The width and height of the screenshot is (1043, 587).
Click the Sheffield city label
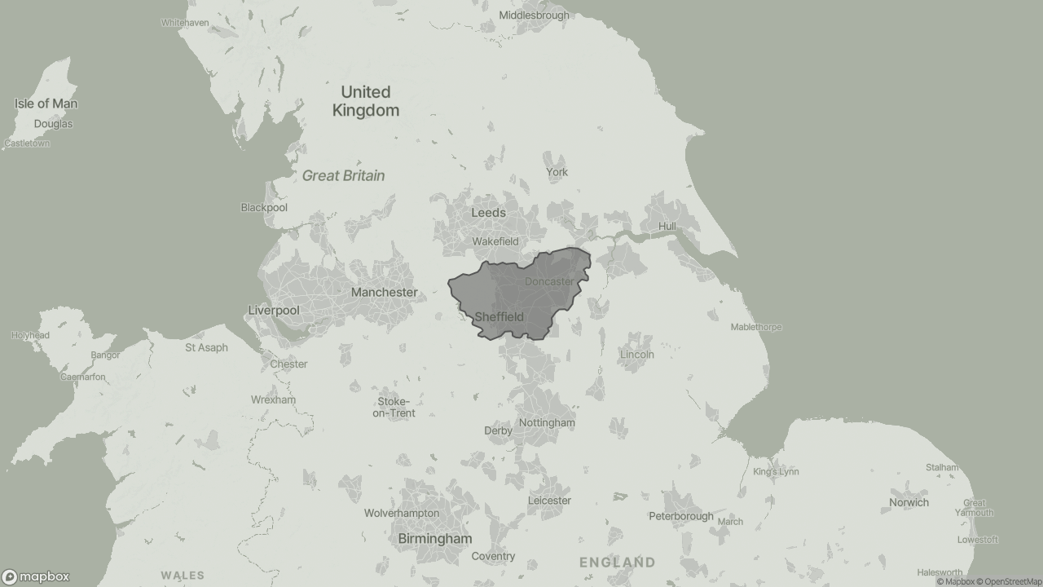499,316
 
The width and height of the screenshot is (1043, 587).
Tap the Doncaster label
548,281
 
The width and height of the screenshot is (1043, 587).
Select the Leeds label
488,213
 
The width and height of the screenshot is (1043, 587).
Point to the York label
557,172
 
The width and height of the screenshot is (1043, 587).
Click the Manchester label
384,292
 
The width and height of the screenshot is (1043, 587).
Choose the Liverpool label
274,311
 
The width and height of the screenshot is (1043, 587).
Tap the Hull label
667,226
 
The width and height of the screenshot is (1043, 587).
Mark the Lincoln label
636,355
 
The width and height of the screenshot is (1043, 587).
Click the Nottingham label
547,423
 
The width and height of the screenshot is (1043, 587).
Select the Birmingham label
434,539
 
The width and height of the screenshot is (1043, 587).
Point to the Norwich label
909,502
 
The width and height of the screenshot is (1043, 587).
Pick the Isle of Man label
46,104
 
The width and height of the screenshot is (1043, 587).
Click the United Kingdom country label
366,101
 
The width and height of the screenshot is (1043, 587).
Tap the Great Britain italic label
343,175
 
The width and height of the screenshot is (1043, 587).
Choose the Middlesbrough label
534,15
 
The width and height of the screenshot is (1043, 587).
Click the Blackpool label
264,207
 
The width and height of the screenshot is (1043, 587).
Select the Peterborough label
680,516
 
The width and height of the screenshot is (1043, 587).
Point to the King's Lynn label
776,471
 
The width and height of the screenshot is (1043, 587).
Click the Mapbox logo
36,576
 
